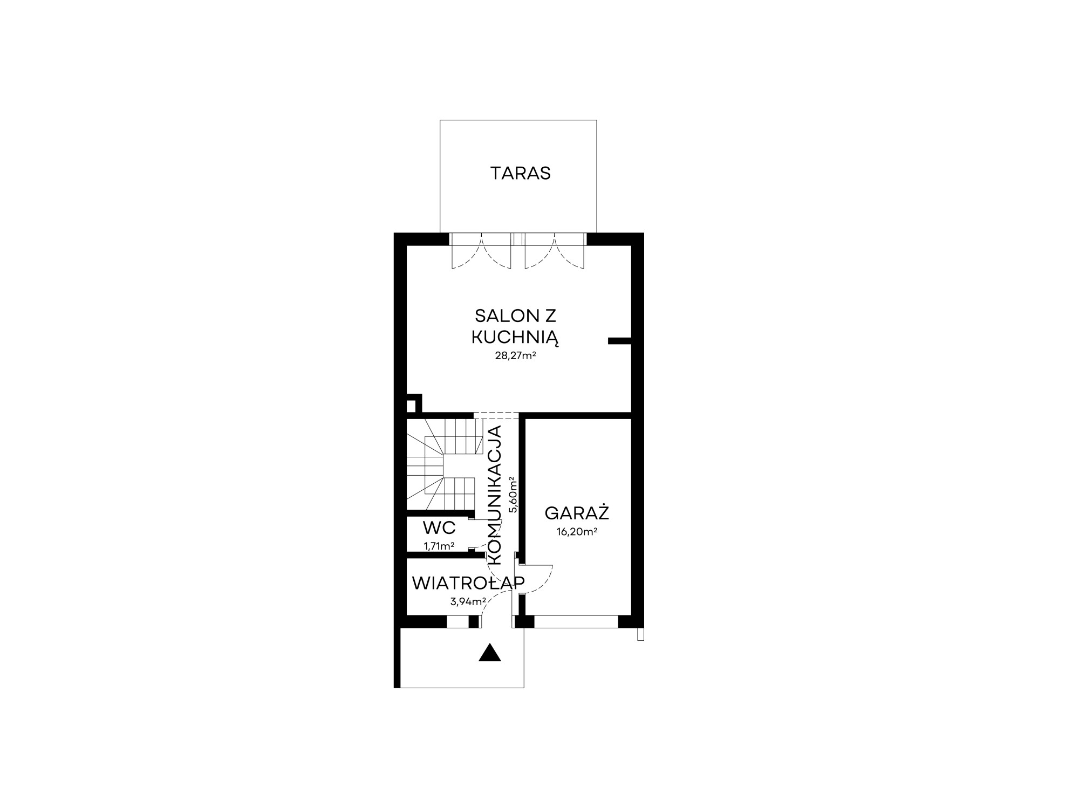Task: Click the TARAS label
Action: pyautogui.click(x=520, y=173)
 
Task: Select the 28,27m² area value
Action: pyautogui.click(x=515, y=355)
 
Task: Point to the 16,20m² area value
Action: pyautogui.click(x=577, y=532)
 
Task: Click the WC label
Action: pyautogui.click(x=439, y=527)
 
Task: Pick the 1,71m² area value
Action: pyautogui.click(x=439, y=546)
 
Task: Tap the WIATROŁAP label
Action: pyautogui.click(x=468, y=583)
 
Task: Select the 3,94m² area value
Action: pyautogui.click(x=468, y=601)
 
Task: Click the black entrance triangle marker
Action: pyautogui.click(x=490, y=653)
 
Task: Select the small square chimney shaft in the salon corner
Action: pyautogui.click(x=414, y=403)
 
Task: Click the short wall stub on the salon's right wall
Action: pyautogui.click(x=619, y=340)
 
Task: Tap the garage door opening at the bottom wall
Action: pyautogui.click(x=576, y=622)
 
